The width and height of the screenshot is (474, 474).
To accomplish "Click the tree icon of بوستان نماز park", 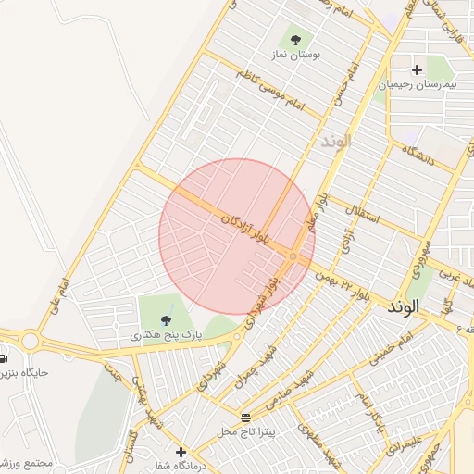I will [295, 40].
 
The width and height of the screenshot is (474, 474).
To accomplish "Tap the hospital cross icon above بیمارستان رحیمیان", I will [417, 69].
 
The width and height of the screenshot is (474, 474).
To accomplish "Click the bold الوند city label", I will [405, 306].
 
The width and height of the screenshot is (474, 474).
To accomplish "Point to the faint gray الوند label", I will [335, 142].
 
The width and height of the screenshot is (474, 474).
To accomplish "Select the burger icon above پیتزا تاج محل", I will [245, 417].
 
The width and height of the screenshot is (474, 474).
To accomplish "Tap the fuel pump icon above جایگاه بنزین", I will [3, 358].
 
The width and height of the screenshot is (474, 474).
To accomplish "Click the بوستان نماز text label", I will [296, 56].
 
